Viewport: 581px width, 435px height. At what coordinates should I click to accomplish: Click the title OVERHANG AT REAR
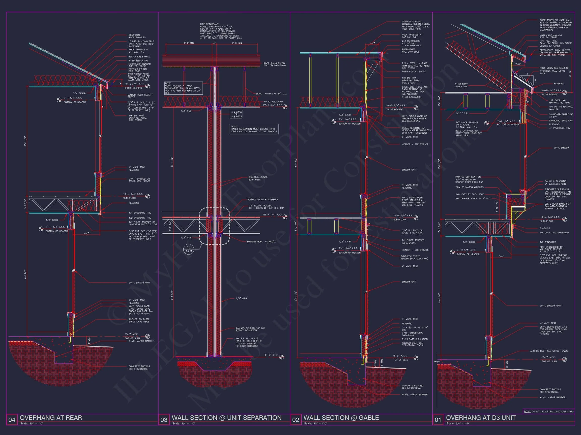point(51,418)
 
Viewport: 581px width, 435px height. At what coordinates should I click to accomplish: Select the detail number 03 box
point(164,420)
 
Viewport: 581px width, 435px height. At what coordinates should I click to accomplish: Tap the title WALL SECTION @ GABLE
point(341,418)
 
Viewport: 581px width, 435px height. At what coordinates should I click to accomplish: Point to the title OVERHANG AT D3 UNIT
point(481,418)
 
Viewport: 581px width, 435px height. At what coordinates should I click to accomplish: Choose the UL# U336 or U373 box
point(236,114)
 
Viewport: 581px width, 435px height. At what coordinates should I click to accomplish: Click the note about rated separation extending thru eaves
point(254,129)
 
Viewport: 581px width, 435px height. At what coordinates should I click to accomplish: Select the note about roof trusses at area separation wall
point(184,88)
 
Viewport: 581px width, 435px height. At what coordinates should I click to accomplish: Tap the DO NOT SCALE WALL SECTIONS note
point(548,411)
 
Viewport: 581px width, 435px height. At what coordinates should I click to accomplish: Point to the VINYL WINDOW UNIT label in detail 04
point(139,283)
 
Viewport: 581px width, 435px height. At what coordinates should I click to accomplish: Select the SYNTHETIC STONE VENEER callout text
point(414,258)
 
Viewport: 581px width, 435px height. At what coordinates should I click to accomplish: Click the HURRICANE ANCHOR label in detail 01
point(550,36)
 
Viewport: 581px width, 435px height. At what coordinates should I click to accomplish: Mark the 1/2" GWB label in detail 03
point(241,298)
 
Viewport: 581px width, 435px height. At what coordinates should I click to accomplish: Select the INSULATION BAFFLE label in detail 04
point(139,57)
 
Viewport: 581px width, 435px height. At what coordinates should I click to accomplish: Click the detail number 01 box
point(438,420)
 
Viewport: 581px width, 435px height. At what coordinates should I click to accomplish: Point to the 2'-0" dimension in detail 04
point(86,233)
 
